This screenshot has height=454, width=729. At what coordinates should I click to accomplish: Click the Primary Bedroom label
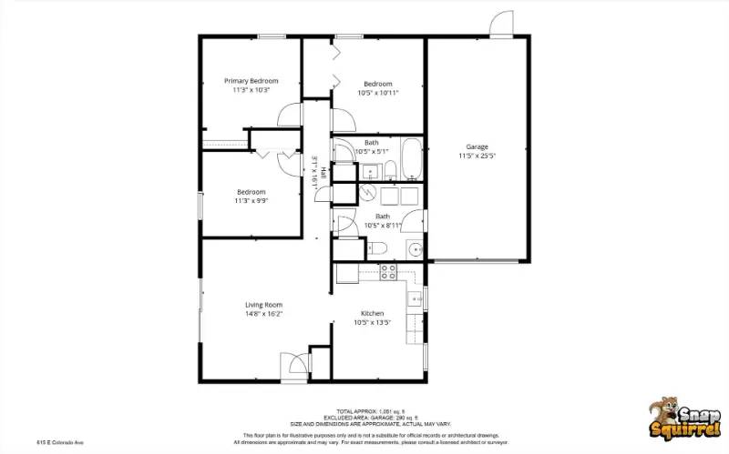[251, 81]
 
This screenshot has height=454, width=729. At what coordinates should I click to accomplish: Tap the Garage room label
[477, 146]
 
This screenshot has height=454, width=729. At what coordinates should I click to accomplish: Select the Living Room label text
[263, 305]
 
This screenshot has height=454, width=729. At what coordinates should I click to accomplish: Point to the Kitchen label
[372, 313]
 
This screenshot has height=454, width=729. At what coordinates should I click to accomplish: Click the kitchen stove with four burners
[388, 270]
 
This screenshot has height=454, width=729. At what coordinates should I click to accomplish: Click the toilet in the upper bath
[389, 169]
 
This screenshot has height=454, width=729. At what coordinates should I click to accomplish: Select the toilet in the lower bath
[377, 248]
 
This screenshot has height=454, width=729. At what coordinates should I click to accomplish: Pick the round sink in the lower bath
[415, 248]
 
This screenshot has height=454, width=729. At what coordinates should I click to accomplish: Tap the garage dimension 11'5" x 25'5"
[477, 156]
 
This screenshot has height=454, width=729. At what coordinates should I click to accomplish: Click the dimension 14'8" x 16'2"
[263, 314]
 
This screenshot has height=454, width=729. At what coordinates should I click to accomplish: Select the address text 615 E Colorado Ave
[60, 442]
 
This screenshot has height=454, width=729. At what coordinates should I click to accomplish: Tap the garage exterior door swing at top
[500, 25]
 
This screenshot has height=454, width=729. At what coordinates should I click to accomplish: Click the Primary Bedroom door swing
[291, 115]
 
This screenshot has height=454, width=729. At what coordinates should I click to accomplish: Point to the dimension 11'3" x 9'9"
[251, 201]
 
